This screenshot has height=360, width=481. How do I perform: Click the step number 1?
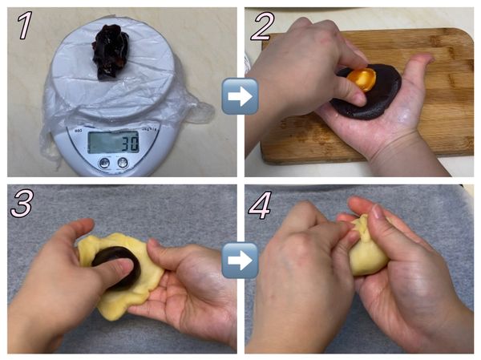pyautogui.click(x=25, y=25)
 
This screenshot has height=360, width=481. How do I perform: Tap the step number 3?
pyautogui.click(x=22, y=203)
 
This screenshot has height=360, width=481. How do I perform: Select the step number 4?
pyautogui.click(x=260, y=204)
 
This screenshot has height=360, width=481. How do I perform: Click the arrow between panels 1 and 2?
pyautogui.click(x=240, y=96)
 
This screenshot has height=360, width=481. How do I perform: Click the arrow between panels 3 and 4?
pyautogui.click(x=240, y=261)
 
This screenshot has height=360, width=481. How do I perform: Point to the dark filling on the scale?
pyautogui.click(x=111, y=51)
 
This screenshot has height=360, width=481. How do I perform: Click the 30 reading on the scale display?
pyautogui.click(x=130, y=143)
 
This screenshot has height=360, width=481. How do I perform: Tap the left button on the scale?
pyautogui.click(x=105, y=163)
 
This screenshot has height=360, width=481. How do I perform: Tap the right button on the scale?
pyautogui.click(x=123, y=162)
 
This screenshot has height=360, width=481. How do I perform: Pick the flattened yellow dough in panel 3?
pyautogui.click(x=123, y=277)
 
